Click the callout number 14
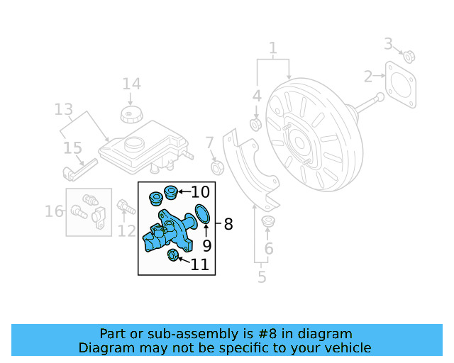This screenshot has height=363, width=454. pyautogui.click(x=131, y=84)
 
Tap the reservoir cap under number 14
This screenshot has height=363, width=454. pyautogui.click(x=129, y=114)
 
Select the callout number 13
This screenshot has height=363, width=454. pyautogui.click(x=64, y=109)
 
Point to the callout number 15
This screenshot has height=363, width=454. pyautogui.click(x=72, y=147)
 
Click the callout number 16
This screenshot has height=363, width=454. pyautogui.click(x=54, y=211)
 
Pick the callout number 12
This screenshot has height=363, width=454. pyautogui.click(x=126, y=230)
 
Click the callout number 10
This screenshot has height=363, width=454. pyautogui.click(x=200, y=191)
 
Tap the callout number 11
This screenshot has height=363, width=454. pyautogui.click(x=200, y=265)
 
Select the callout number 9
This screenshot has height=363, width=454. pyautogui.click(x=207, y=246)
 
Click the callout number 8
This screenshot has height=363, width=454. pyautogui.click(x=228, y=225)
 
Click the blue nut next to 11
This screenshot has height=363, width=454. pyautogui.click(x=172, y=255)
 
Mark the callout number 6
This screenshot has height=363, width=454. pyautogui.click(x=268, y=248)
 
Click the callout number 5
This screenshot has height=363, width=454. pyautogui.click(x=262, y=277)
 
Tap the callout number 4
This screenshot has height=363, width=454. pyautogui.click(x=257, y=95)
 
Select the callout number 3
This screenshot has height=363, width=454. pyautogui.click(x=389, y=44)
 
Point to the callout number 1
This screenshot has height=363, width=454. pyautogui.click(x=272, y=48)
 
